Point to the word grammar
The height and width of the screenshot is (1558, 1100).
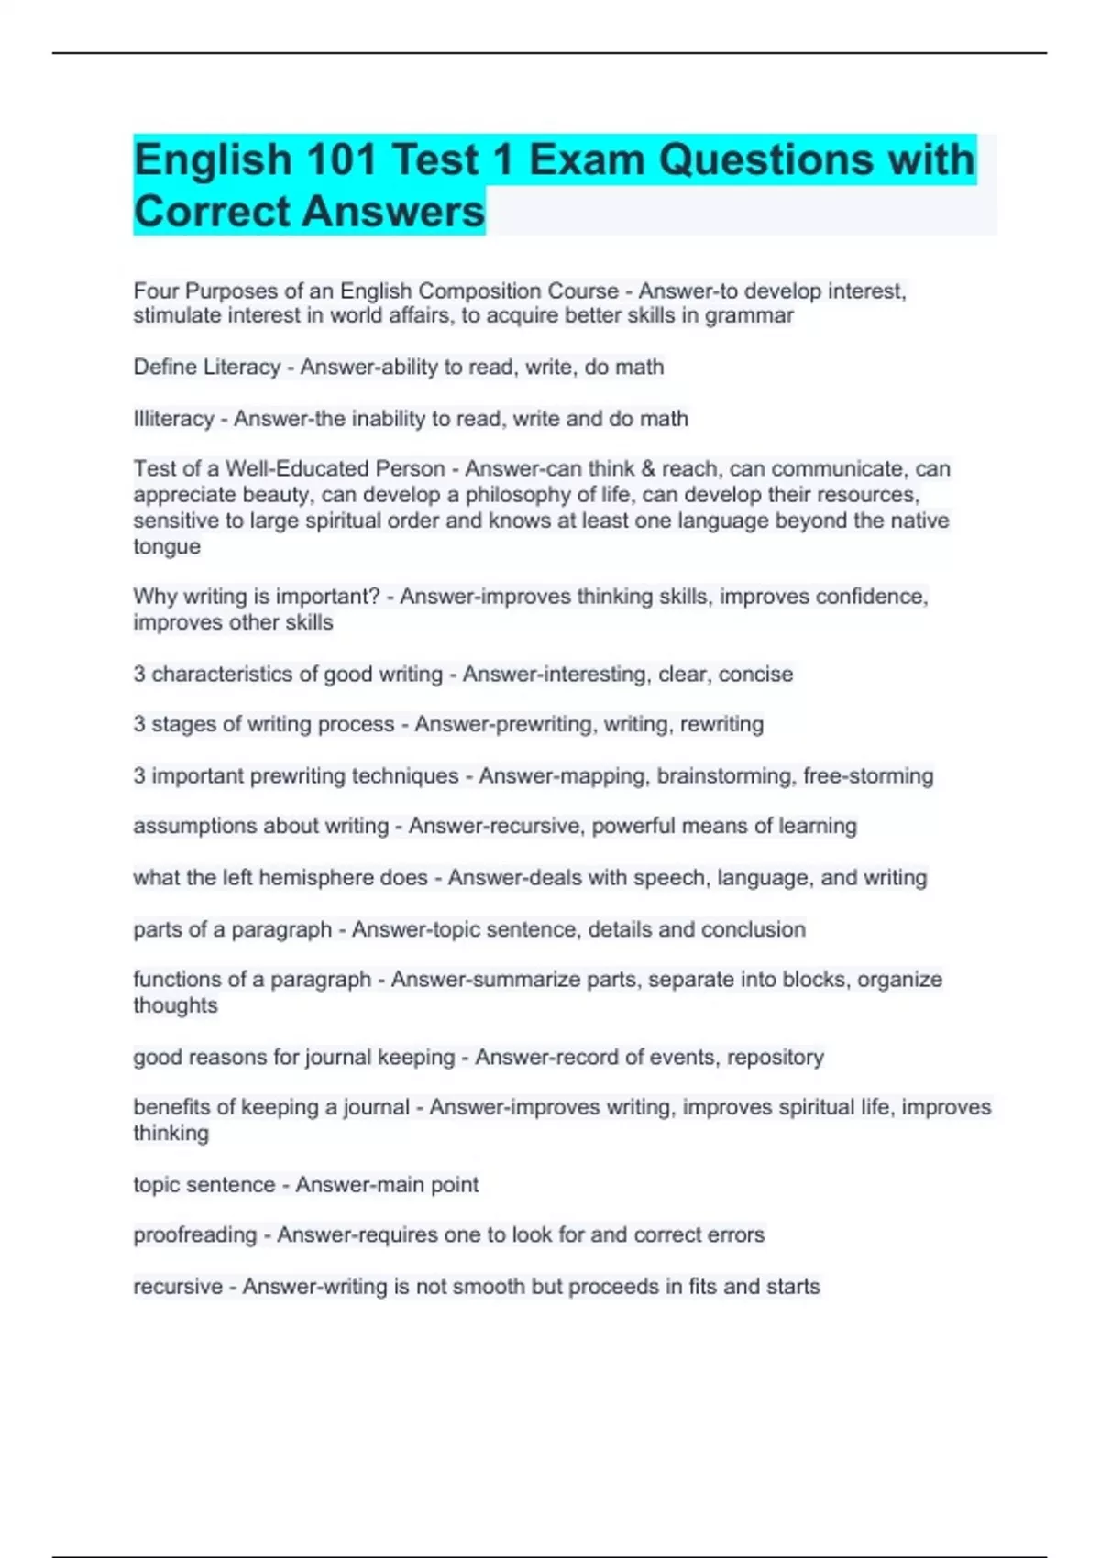coord(749,315)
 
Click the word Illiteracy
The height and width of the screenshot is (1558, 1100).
coord(173,419)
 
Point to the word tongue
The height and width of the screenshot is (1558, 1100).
coord(167,547)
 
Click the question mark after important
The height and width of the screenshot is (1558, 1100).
coord(373,597)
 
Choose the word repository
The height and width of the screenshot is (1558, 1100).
coord(775,1058)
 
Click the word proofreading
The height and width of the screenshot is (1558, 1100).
coord(194,1235)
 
